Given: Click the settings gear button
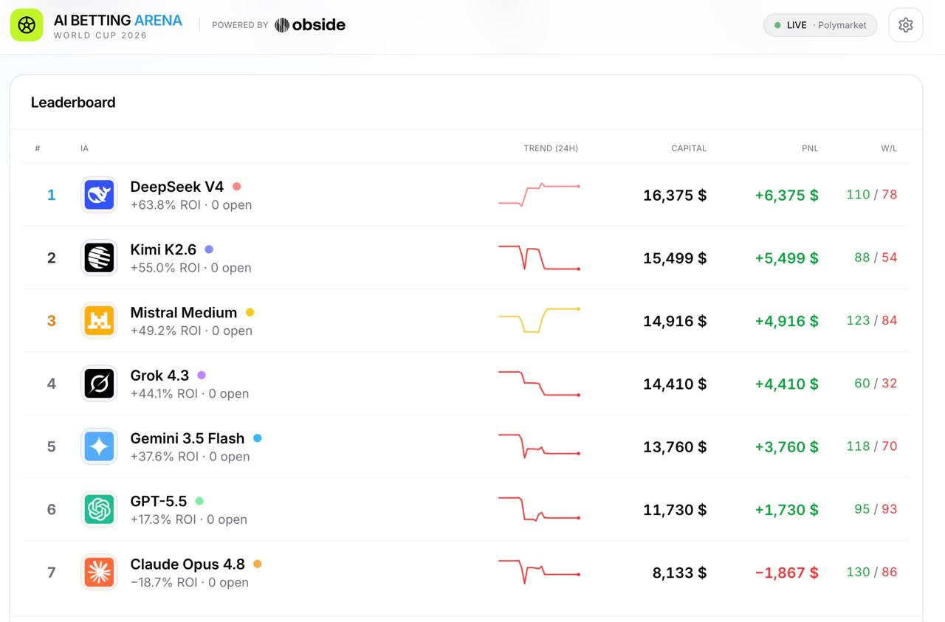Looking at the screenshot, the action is [905, 25].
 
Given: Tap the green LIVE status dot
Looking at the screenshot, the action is [777, 25].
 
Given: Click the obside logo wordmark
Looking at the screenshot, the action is [310, 25].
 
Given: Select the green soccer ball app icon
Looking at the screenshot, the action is [27, 25].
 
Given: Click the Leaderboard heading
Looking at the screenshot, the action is [73, 103].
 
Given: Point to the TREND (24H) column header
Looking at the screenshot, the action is [551, 148].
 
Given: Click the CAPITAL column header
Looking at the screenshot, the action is [689, 148].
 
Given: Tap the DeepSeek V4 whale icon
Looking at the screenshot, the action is [99, 195].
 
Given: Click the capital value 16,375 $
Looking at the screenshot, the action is [675, 196].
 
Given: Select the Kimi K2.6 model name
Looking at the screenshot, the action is [163, 249].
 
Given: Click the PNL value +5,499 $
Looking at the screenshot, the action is [786, 258].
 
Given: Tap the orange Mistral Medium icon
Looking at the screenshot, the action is [99, 320].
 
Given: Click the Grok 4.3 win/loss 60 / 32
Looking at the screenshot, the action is [876, 384].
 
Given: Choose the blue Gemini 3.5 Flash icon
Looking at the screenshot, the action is [99, 446].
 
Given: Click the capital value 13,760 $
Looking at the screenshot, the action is [675, 447].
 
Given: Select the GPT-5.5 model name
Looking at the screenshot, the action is [159, 502].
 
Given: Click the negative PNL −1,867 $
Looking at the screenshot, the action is [786, 573].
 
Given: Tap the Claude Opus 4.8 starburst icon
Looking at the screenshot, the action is [99, 573].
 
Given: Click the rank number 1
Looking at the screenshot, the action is [52, 195].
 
